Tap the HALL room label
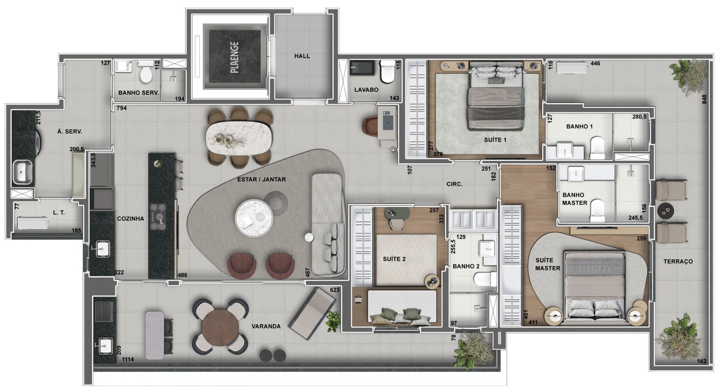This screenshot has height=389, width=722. pos(302,56)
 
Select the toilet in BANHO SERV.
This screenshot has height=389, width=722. pos(145,72)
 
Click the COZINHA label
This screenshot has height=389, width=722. pos(130,219)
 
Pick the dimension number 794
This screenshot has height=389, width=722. pos(122,108)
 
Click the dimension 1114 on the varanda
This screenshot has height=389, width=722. pos(128,359)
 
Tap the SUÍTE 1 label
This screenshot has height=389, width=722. pos(495,140)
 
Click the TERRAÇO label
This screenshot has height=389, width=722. pos(678,262)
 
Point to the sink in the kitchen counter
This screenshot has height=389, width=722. pos(101,249)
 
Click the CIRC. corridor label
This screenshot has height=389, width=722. pos(454,184)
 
